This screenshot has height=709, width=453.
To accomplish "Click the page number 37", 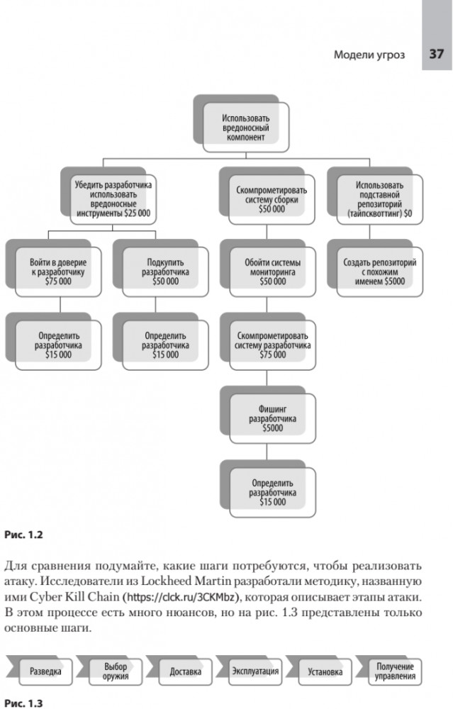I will coord(436,55).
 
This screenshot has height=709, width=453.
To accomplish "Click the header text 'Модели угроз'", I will coord(369,55).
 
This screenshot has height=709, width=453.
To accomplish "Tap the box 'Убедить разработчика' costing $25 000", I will coord(114,198).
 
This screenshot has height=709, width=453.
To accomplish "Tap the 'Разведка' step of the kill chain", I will coord(50,671).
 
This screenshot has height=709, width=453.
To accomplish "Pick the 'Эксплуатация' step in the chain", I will coord(255,671).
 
